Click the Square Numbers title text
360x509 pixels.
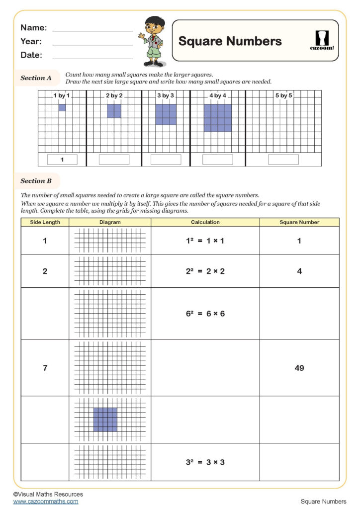pos(230,41)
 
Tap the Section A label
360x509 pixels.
pos(36,78)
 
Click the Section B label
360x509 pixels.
pos(36,181)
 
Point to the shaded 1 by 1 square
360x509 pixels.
pos(62,107)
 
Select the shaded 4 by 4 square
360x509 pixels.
pos(217,118)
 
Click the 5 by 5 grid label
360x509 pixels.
pos(284,95)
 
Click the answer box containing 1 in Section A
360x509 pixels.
pos(62,160)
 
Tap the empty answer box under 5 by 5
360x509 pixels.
pos(283,160)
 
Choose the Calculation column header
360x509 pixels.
pos(205,222)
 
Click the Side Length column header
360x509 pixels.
pos(45,222)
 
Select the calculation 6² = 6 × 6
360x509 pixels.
pos(205,314)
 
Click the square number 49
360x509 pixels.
pos(299,368)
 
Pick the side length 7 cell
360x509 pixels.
pos(45,368)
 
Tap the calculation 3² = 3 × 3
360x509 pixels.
pos(205,462)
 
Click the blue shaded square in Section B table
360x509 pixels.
pos(105,420)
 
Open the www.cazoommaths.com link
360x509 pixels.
pos(46,502)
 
